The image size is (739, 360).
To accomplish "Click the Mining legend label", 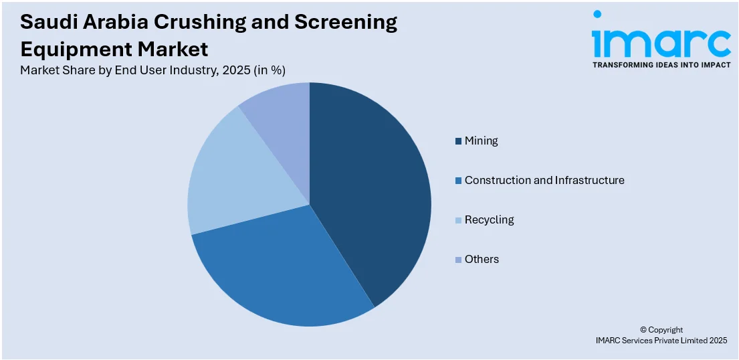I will pos(481,141).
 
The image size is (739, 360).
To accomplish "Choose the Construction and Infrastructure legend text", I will pos(544,180).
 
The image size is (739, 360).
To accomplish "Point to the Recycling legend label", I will pos(489,219).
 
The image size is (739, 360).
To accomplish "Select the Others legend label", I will pos(482,259).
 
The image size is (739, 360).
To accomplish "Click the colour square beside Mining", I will pos(458,141).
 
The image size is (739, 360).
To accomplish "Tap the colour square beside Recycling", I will pos(458,220).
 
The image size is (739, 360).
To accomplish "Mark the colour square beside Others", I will pos(458,260).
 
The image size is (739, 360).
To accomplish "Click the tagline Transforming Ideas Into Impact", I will pos(661,66).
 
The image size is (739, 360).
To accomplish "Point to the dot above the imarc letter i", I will pos(597,14).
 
